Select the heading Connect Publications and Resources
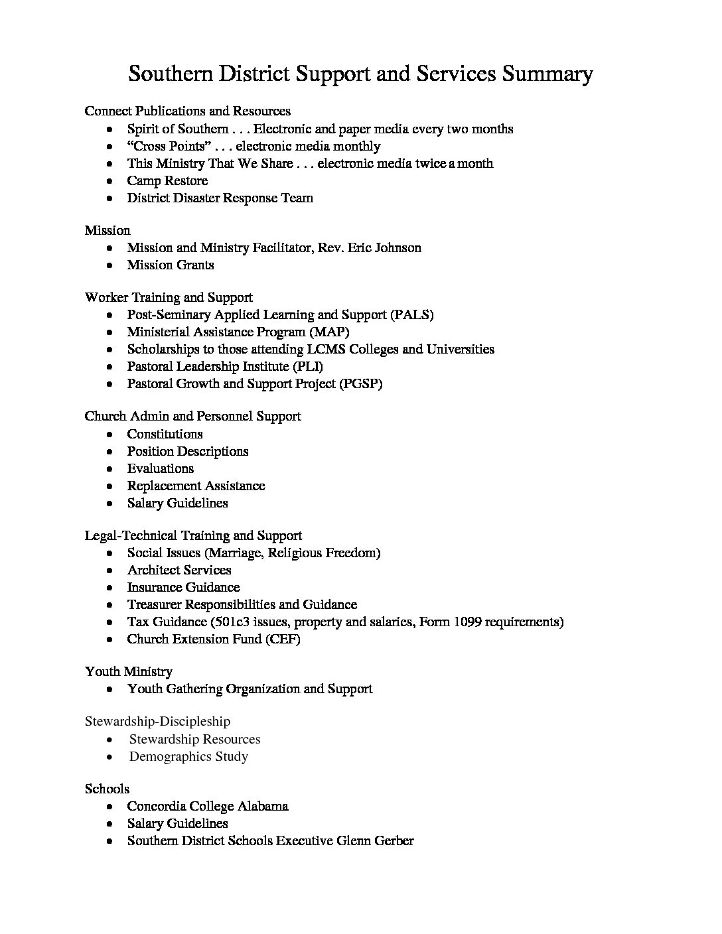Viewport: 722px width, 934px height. [x=187, y=111]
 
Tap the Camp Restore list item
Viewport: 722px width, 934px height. [x=167, y=180]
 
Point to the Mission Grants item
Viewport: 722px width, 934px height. [x=171, y=265]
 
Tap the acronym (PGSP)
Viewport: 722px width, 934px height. [x=361, y=383]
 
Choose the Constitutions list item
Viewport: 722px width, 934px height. [x=165, y=434]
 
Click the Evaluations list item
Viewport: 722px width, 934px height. [x=161, y=468]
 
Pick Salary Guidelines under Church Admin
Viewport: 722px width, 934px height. [x=177, y=503]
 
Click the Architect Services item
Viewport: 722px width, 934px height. [x=179, y=570]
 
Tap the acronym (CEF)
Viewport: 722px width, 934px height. [x=283, y=639]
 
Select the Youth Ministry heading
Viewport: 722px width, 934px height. [x=128, y=671]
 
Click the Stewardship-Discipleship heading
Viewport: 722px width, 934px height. [x=157, y=721]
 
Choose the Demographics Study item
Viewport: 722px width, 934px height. [x=188, y=756]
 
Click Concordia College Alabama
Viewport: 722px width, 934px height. [x=208, y=806]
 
